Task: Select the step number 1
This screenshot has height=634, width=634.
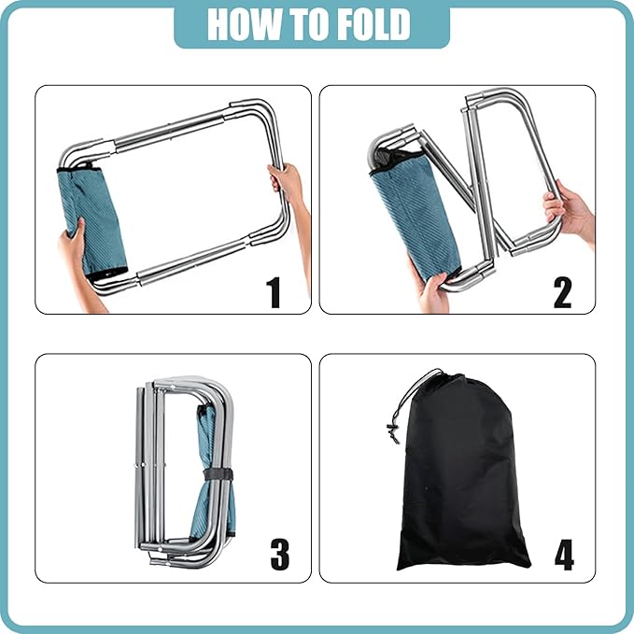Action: click(x=274, y=292)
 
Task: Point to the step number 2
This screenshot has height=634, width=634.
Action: click(x=562, y=292)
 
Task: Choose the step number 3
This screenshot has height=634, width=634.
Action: click(x=280, y=555)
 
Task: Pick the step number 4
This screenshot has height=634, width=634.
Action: click(x=564, y=555)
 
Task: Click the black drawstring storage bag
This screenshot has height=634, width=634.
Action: click(x=461, y=473)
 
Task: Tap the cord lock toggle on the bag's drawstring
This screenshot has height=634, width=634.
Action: click(x=393, y=432)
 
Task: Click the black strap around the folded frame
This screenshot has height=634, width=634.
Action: click(x=218, y=474)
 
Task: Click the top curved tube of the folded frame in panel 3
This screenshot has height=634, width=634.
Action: click(x=194, y=381)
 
